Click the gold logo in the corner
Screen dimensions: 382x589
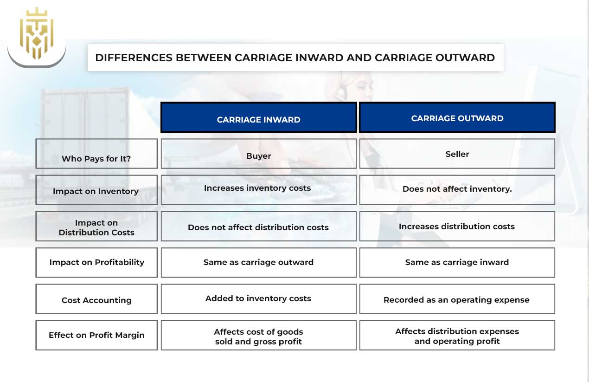tap(37, 33)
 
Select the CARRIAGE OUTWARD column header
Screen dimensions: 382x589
tap(457, 118)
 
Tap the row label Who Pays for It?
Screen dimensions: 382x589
tap(96, 159)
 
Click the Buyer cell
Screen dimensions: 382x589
tap(258, 156)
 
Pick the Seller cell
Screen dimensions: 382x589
tap(457, 154)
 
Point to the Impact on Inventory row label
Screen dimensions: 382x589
tap(96, 191)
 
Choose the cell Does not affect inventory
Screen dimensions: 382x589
tap(457, 189)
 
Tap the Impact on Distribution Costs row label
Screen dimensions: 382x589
tap(96, 227)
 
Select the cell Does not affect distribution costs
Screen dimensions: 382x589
tap(258, 227)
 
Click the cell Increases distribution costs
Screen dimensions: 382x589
tap(457, 227)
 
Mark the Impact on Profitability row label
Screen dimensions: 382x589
tap(96, 262)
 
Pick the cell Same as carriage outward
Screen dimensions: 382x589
tap(258, 262)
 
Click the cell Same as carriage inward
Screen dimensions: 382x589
tap(457, 262)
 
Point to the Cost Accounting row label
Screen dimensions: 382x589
tap(96, 300)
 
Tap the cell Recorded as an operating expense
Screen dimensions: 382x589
tap(456, 300)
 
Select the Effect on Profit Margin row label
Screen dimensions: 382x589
tap(96, 335)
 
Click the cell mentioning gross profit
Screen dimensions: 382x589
tap(258, 337)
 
